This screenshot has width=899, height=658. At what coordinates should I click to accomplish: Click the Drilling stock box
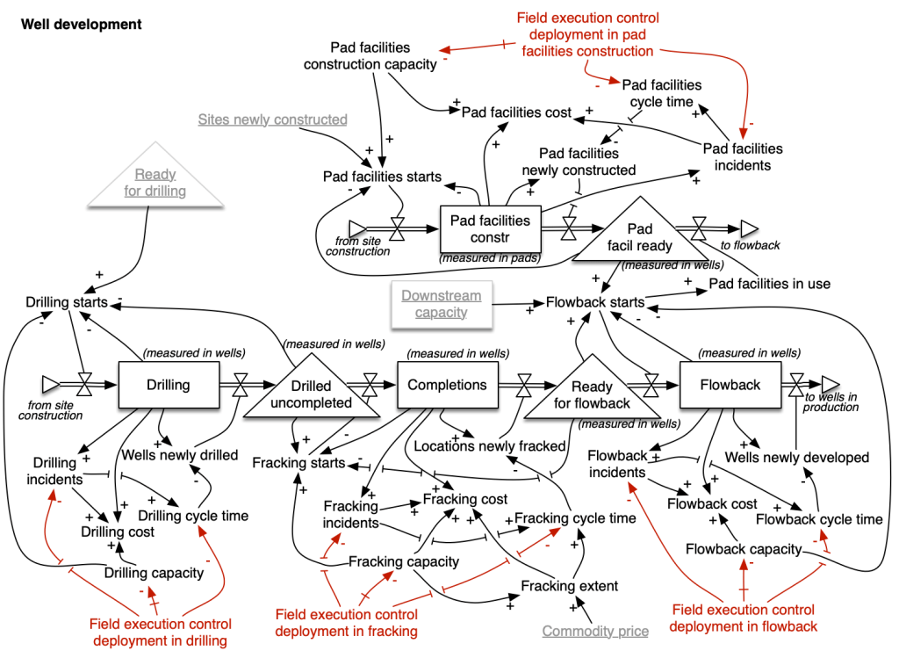[x=168, y=385]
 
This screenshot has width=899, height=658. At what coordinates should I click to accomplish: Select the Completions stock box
[x=447, y=385]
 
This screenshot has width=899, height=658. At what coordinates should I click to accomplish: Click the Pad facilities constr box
[x=490, y=228]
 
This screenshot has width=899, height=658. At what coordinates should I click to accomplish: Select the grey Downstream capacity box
[x=442, y=304]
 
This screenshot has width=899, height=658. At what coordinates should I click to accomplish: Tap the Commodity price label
[x=595, y=631]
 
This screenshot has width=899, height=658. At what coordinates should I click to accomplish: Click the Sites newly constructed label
[x=272, y=119]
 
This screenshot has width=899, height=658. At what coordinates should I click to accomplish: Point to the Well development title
[x=81, y=25]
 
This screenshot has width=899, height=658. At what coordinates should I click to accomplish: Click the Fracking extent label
[x=569, y=586]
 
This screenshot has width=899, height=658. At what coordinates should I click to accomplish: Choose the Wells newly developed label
[x=796, y=457]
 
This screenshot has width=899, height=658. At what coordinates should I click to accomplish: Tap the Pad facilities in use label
[x=769, y=284]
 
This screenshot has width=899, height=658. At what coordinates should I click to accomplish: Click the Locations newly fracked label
[x=489, y=445]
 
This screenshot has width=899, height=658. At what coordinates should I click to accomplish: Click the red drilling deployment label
[x=158, y=633]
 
